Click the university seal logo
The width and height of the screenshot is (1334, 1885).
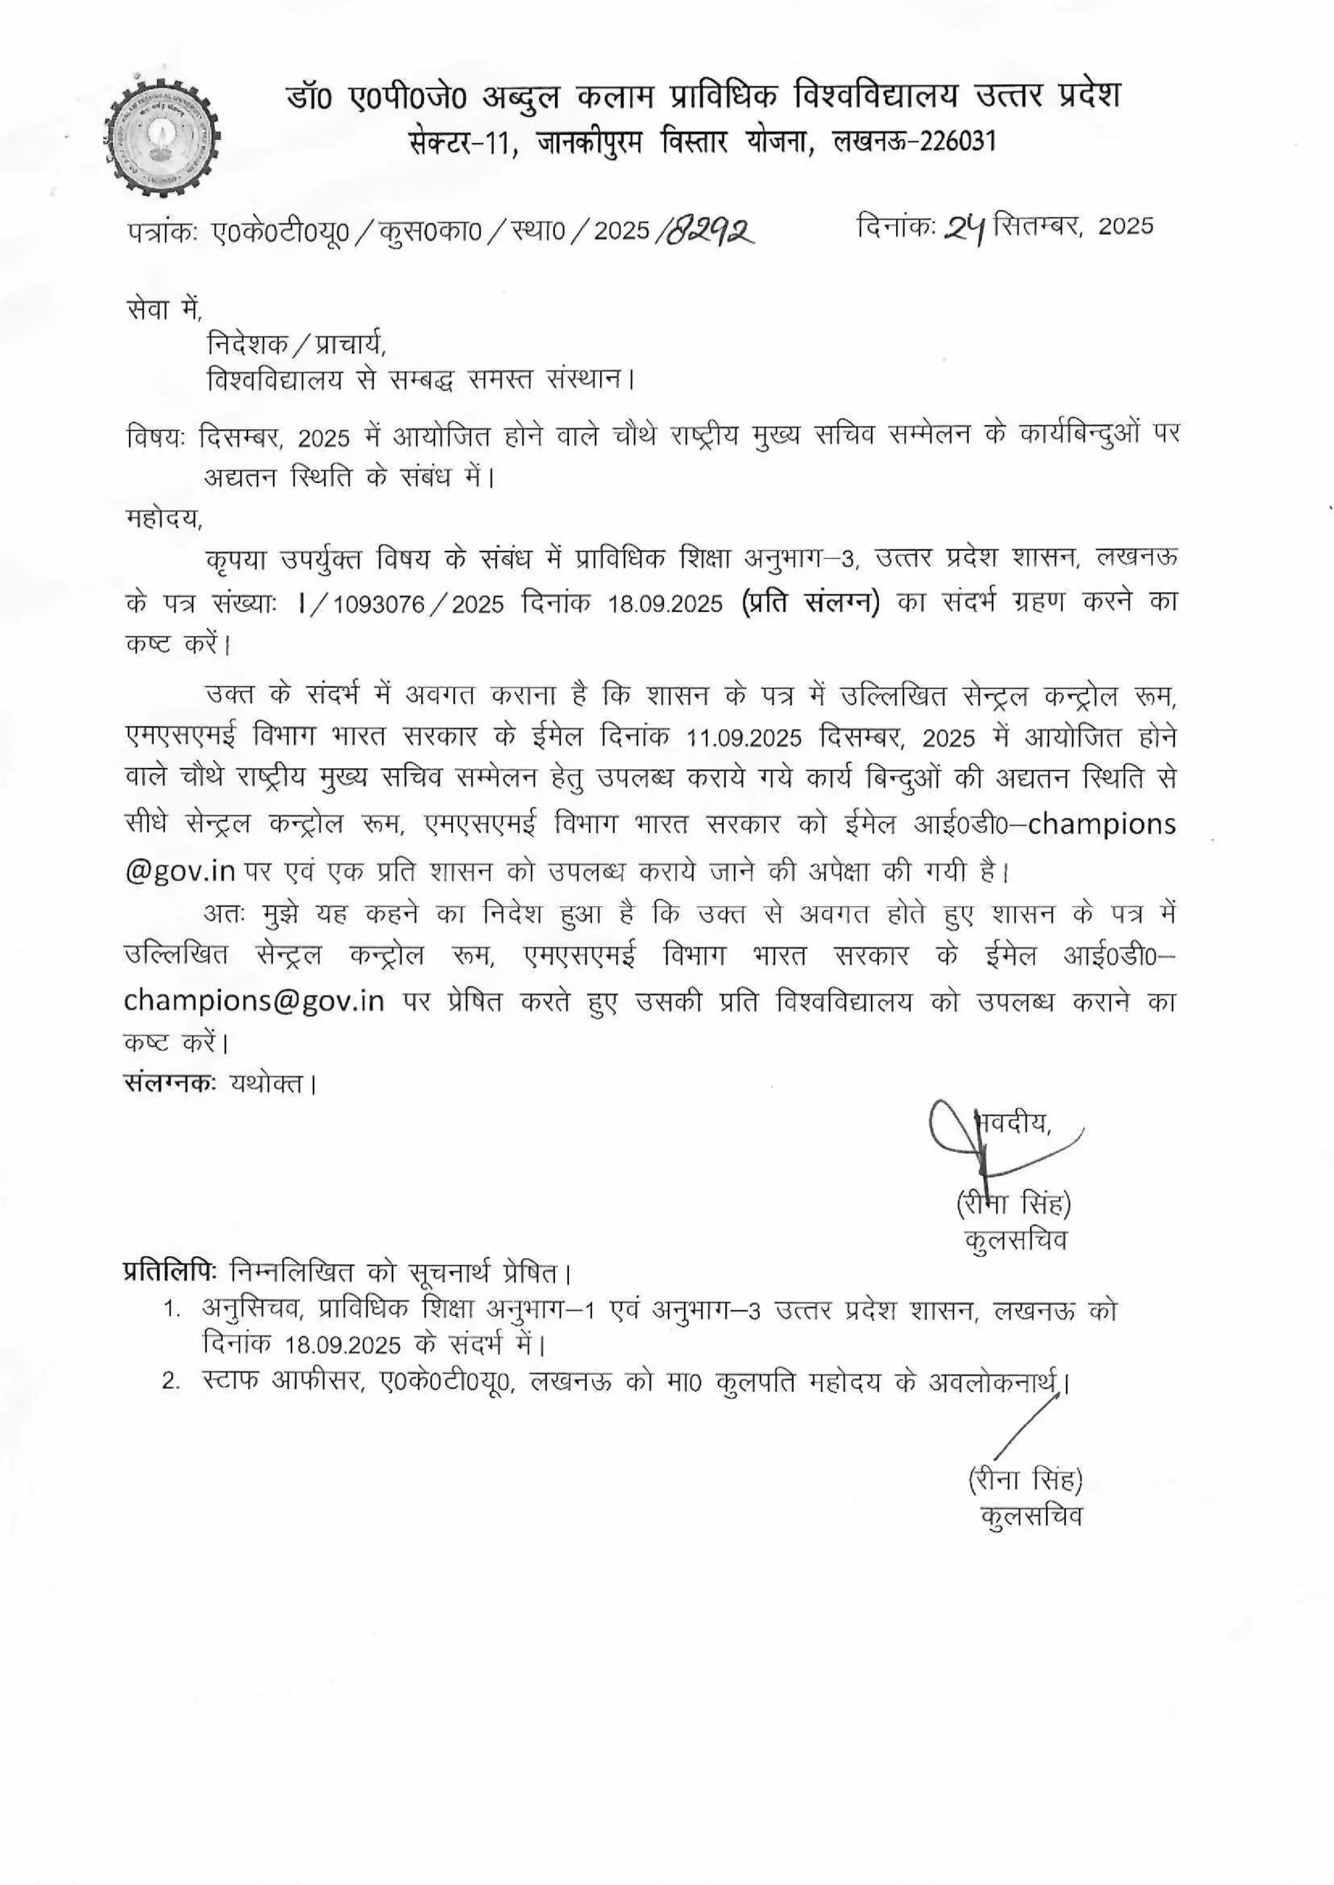(x=163, y=139)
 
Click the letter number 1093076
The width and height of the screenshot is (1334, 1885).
(x=378, y=604)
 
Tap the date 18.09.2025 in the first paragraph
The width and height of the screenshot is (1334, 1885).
(x=666, y=604)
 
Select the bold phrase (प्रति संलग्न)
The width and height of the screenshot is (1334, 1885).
(x=810, y=602)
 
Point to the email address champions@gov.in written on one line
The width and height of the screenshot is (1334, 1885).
(x=255, y=1002)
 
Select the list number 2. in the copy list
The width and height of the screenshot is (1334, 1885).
(x=171, y=1381)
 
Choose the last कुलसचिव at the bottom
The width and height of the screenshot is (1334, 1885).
(x=1031, y=1515)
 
